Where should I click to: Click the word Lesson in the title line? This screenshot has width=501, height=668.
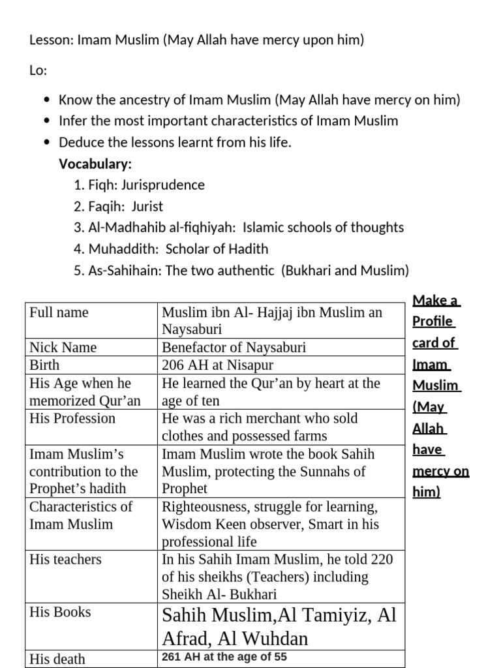click(x=51, y=40)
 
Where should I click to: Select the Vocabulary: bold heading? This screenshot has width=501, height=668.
click(x=95, y=164)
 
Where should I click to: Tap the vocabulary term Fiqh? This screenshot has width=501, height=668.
click(x=102, y=185)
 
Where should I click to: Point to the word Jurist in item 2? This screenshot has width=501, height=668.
click(x=147, y=207)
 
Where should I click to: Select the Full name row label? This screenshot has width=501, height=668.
click(x=59, y=312)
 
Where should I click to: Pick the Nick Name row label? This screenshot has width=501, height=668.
click(x=63, y=348)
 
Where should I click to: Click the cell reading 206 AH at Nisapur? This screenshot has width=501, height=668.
click(x=217, y=365)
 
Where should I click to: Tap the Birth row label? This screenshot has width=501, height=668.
click(x=44, y=365)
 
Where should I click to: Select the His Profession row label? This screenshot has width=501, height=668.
click(x=72, y=419)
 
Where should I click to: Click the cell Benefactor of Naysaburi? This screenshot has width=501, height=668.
click(x=234, y=348)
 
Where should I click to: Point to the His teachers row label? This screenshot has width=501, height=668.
click(x=65, y=560)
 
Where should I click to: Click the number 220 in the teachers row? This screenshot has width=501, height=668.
click(x=381, y=560)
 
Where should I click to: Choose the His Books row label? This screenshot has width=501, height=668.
click(x=60, y=613)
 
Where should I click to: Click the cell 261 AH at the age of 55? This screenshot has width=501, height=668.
click(x=224, y=658)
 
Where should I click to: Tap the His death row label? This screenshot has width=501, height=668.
click(x=57, y=659)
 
